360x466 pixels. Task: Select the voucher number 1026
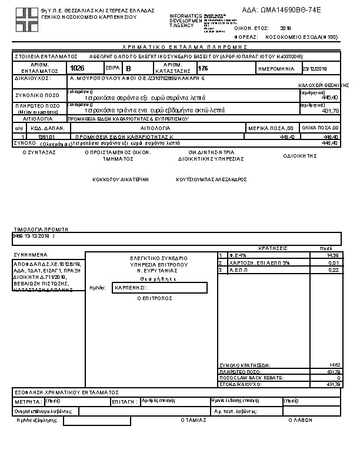[x=77, y=69]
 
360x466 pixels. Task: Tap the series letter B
[x=129, y=69]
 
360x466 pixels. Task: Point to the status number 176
[x=203, y=69]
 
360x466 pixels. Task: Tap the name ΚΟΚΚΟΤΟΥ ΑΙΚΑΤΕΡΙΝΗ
[x=120, y=179]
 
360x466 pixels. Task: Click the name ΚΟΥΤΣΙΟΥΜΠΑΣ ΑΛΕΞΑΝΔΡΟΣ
[x=211, y=179]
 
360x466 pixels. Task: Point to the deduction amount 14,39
[x=333, y=255]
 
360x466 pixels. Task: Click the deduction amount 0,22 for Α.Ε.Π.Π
[x=334, y=270]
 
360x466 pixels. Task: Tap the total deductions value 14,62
[x=334, y=365]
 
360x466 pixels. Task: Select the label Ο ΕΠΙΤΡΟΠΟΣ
[x=154, y=298]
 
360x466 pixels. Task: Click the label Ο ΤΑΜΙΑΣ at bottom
[x=194, y=420]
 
